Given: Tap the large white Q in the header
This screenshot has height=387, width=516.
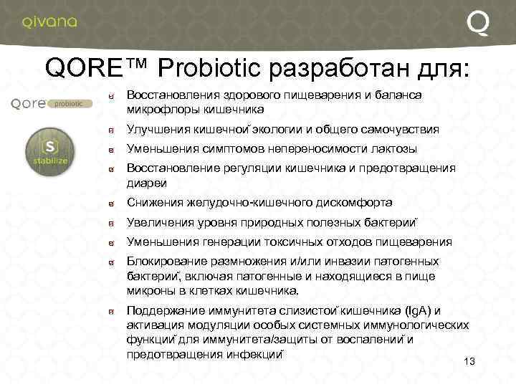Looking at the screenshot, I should (478, 22).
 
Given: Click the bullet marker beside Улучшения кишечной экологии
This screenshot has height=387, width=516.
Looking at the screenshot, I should (112, 130).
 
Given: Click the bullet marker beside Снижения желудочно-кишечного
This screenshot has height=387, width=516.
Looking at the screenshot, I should (112, 204).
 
